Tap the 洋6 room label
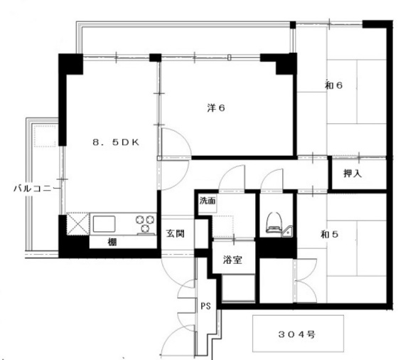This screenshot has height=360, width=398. [x=216, y=108]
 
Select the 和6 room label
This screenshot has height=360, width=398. [x=334, y=86]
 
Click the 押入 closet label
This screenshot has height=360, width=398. [x=353, y=174]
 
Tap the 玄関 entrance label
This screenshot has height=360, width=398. [x=176, y=233]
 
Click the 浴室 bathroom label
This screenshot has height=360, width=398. [x=232, y=259]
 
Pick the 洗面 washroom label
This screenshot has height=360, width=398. [x=208, y=201]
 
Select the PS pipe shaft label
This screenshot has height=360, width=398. [x=205, y=307]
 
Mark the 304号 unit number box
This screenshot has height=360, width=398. [x=297, y=333]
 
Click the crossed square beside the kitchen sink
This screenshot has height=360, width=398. [x=77, y=224]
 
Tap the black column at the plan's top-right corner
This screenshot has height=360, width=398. [x=372, y=25]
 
